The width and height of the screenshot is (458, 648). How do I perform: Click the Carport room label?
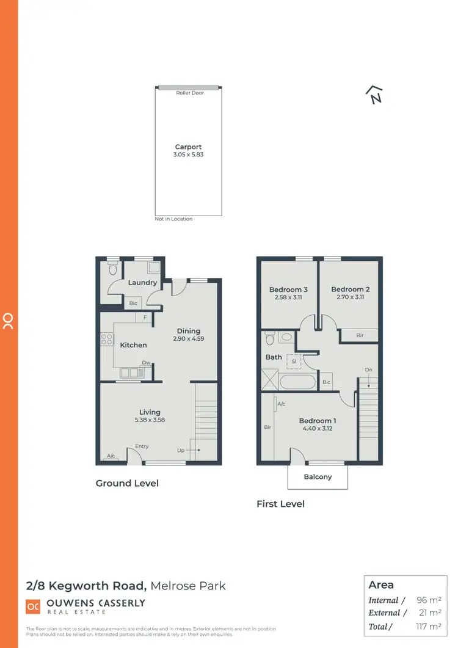(188, 147)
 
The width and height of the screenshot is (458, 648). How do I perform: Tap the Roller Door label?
(190, 93)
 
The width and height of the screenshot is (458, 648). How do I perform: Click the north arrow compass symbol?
(374, 95)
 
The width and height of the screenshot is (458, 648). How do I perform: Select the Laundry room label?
(142, 283)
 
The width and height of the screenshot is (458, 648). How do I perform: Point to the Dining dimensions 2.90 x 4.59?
(188, 338)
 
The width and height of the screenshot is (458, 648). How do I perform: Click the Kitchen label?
(133, 345)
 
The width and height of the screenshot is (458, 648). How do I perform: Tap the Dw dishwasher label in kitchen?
(146, 362)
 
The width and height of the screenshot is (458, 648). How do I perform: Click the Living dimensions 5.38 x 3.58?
(150, 420)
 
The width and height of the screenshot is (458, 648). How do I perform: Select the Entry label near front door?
(142, 446)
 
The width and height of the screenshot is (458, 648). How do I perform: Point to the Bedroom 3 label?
(288, 289)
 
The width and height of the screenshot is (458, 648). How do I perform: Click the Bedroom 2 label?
(351, 289)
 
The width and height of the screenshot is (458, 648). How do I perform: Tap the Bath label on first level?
(274, 357)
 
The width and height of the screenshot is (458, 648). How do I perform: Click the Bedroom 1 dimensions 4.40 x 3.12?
(317, 428)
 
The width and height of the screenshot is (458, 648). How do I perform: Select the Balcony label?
(318, 477)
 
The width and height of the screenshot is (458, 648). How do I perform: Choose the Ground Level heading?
(127, 483)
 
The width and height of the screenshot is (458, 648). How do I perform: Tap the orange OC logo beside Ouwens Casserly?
(32, 606)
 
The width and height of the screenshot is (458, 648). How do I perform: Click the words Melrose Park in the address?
(188, 586)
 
